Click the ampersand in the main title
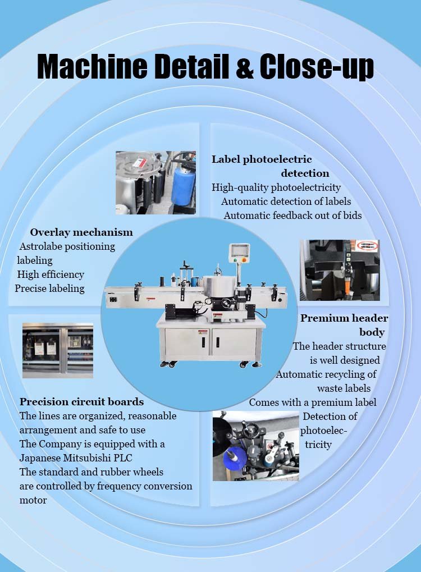(245, 67)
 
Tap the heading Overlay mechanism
(81, 232)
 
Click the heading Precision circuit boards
(82, 402)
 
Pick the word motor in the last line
(33, 500)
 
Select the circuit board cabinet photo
(58, 350)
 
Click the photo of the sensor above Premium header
(340, 270)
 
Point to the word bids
(353, 216)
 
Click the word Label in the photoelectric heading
(226, 159)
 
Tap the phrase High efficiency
(51, 274)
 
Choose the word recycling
(345, 374)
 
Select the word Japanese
(40, 458)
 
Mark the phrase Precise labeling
(49, 289)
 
